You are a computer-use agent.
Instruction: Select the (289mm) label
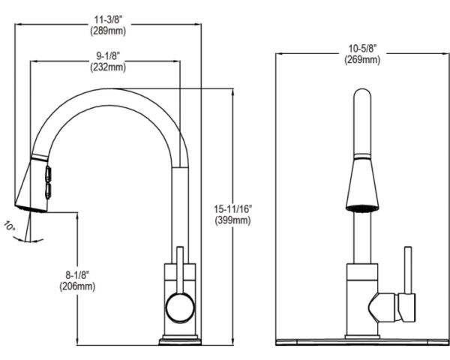[109, 31]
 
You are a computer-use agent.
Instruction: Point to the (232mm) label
[109, 67]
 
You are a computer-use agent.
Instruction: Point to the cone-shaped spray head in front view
[361, 184]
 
